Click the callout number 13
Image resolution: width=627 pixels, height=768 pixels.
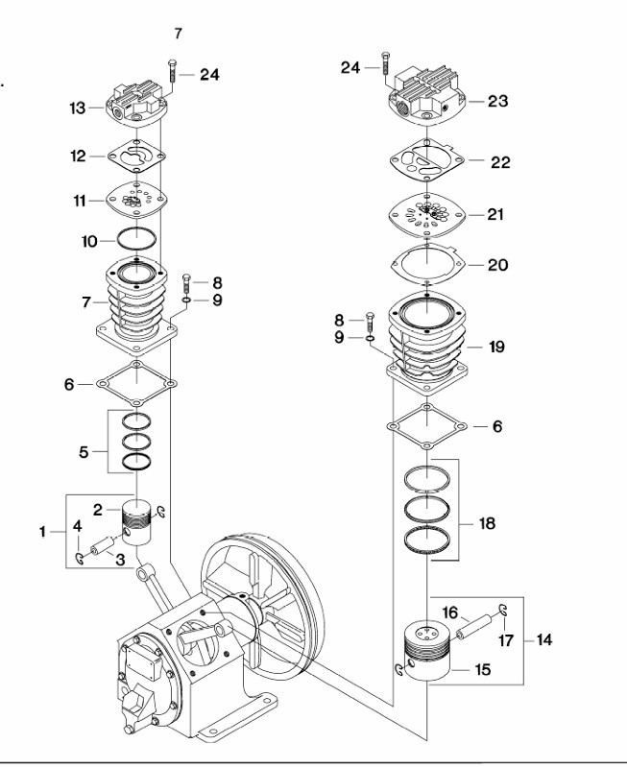coord(78,108)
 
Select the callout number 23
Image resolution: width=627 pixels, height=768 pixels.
coord(497,101)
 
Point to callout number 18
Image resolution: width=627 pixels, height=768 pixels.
coord(488,524)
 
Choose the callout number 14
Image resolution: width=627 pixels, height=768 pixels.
coord(543,639)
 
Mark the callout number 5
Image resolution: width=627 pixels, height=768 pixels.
coord(84,450)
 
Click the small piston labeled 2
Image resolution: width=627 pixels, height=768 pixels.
coord(141,525)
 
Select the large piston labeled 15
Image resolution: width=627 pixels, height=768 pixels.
coord(424,653)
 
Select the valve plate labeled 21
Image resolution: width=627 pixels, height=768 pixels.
coord(425,214)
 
